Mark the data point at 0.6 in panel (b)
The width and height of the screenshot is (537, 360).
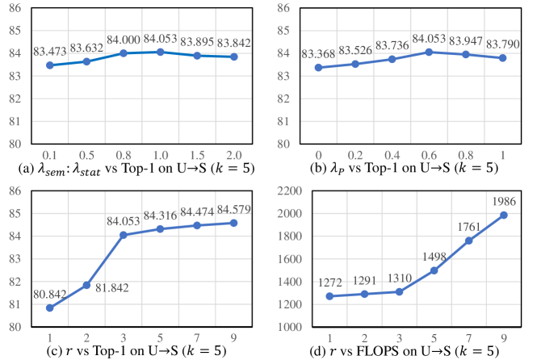point(430,52)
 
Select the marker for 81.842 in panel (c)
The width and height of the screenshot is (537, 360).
point(86,285)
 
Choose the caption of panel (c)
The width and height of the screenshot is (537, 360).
point(132,351)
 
